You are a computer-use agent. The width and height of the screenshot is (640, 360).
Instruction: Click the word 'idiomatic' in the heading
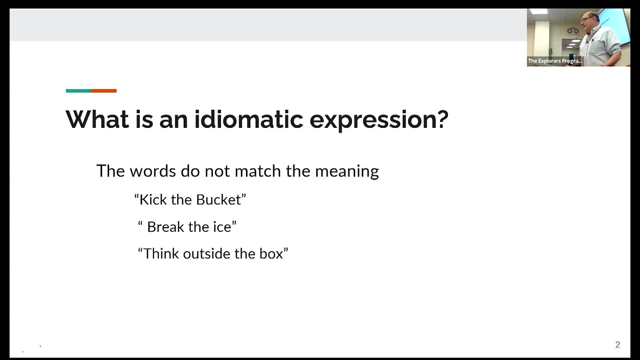coord(249,119)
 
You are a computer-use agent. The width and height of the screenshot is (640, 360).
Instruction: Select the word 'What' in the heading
coord(97,119)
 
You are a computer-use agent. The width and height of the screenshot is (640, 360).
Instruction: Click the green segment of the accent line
coord(78,91)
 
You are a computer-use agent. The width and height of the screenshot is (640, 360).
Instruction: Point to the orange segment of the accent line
coord(104,91)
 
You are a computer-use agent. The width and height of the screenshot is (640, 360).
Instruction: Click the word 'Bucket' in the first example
coord(218,200)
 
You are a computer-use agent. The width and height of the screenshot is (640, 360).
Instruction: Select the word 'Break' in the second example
coord(165,227)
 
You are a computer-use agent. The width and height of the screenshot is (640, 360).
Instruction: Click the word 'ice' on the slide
coord(222,227)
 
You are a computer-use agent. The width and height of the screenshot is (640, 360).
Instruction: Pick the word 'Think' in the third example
coord(161,254)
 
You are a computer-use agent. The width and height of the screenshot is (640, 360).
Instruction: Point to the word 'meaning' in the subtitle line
coord(347,171)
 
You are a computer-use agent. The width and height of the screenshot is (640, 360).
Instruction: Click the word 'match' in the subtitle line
coord(258,171)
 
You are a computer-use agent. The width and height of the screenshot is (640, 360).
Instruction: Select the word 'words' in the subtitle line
coord(153,171)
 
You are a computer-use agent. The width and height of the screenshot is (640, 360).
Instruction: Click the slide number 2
coord(617,345)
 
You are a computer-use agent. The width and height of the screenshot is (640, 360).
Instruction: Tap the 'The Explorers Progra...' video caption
coord(555,61)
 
